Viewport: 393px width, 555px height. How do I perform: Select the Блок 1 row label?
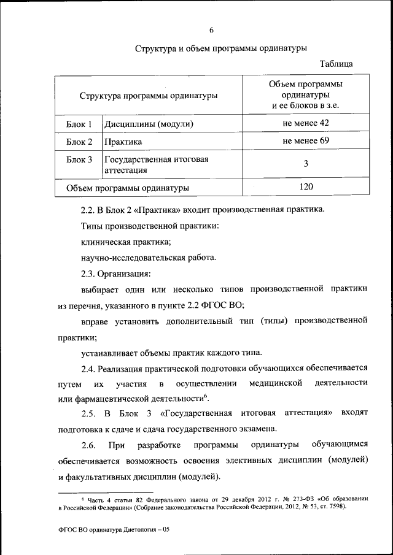(x=79, y=124)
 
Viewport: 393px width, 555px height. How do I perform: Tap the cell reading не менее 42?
(x=306, y=124)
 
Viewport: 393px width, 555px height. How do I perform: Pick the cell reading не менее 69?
(x=306, y=142)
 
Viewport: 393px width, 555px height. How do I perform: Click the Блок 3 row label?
(x=79, y=159)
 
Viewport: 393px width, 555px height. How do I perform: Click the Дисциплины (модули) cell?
(x=149, y=124)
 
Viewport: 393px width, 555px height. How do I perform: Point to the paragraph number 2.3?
(x=88, y=274)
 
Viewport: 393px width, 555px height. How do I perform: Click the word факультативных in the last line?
(x=112, y=477)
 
